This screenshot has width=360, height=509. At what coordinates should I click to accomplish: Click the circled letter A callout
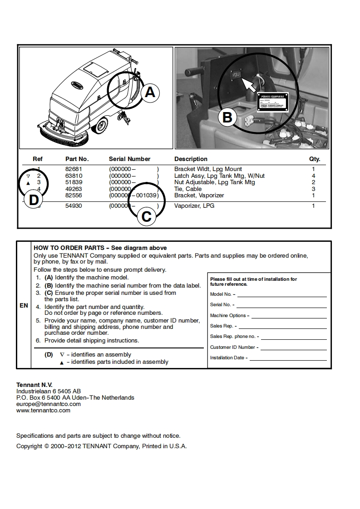point(149,93)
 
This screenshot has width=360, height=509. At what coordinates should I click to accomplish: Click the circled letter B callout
point(227,117)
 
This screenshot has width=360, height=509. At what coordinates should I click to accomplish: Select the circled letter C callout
point(146,216)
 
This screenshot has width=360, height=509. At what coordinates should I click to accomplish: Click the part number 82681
point(74,169)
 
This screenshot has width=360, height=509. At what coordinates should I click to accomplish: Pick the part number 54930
point(74,206)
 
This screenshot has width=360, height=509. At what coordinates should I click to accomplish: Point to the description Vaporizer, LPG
point(194,206)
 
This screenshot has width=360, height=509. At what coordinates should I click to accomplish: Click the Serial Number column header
point(129,159)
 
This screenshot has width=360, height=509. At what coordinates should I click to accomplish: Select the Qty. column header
point(315,159)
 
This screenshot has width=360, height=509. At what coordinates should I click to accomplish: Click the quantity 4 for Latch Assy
point(313,176)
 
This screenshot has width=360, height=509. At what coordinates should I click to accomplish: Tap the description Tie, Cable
point(188,189)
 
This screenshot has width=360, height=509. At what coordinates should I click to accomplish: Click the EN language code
point(24,306)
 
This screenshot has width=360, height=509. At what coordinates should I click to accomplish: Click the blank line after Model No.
point(281,294)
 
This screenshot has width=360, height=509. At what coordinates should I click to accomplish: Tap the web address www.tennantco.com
point(43,411)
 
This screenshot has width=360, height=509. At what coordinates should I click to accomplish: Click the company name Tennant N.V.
point(35,385)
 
